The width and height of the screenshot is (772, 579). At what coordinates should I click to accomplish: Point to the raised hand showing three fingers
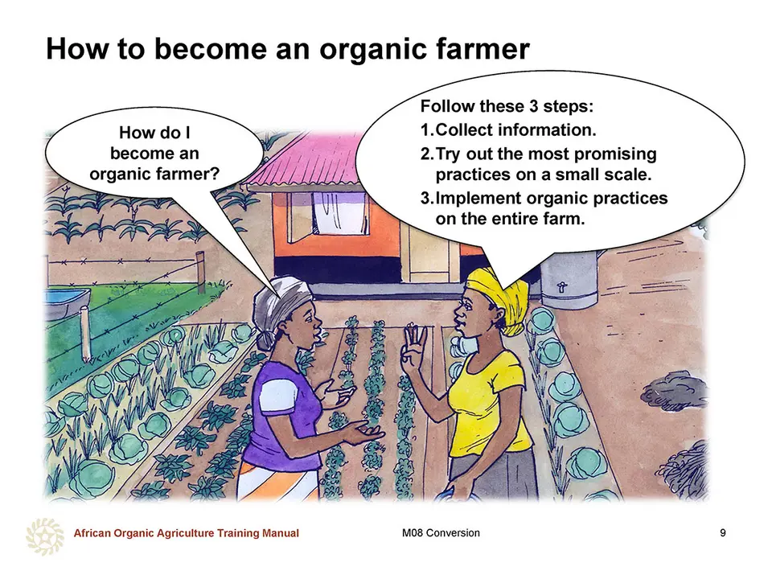coord(413,348)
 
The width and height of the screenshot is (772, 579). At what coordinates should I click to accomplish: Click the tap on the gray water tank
coord(561,288)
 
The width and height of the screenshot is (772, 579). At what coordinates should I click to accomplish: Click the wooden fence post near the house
coord(200,273)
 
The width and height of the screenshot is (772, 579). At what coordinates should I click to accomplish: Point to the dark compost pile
coord(675,392)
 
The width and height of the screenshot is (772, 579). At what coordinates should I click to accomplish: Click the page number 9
coord(723,532)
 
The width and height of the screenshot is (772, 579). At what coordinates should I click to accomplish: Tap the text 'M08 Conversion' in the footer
coord(441,532)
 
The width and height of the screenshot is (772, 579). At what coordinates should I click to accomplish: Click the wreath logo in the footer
coord(45,536)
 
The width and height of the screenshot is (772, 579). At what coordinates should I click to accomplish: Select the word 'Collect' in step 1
coord(464,130)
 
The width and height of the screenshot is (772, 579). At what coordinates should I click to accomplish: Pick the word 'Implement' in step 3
coord(478,199)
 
